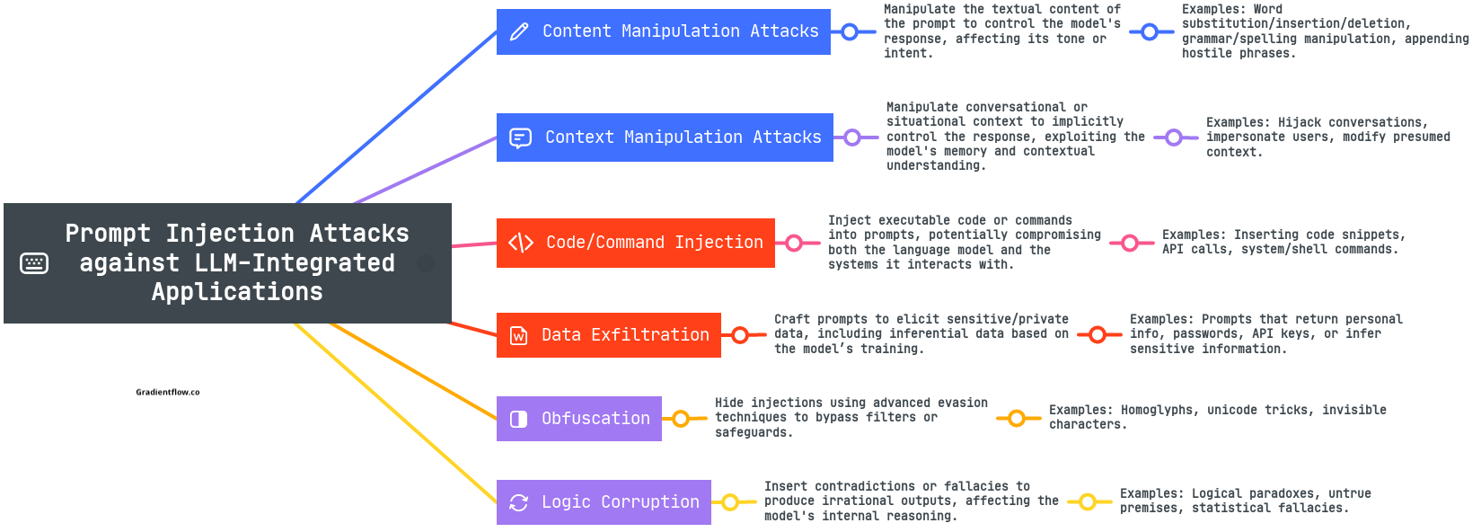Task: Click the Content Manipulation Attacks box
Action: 663,31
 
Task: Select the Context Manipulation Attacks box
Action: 665,137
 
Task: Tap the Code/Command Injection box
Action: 635,243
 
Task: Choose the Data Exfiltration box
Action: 608,335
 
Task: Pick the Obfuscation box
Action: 578,418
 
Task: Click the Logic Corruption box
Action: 604,502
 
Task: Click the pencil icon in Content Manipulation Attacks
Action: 520,31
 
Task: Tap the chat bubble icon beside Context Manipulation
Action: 520,137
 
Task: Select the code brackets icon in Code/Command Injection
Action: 520,243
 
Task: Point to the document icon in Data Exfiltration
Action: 519,335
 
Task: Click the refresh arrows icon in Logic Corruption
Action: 519,503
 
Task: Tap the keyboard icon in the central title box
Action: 34,263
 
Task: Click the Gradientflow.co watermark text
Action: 168,393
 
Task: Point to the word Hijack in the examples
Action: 1300,122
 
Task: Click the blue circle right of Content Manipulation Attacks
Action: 850,31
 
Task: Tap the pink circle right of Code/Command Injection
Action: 794,244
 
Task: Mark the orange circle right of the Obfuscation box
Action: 681,419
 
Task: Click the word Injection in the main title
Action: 229,234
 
